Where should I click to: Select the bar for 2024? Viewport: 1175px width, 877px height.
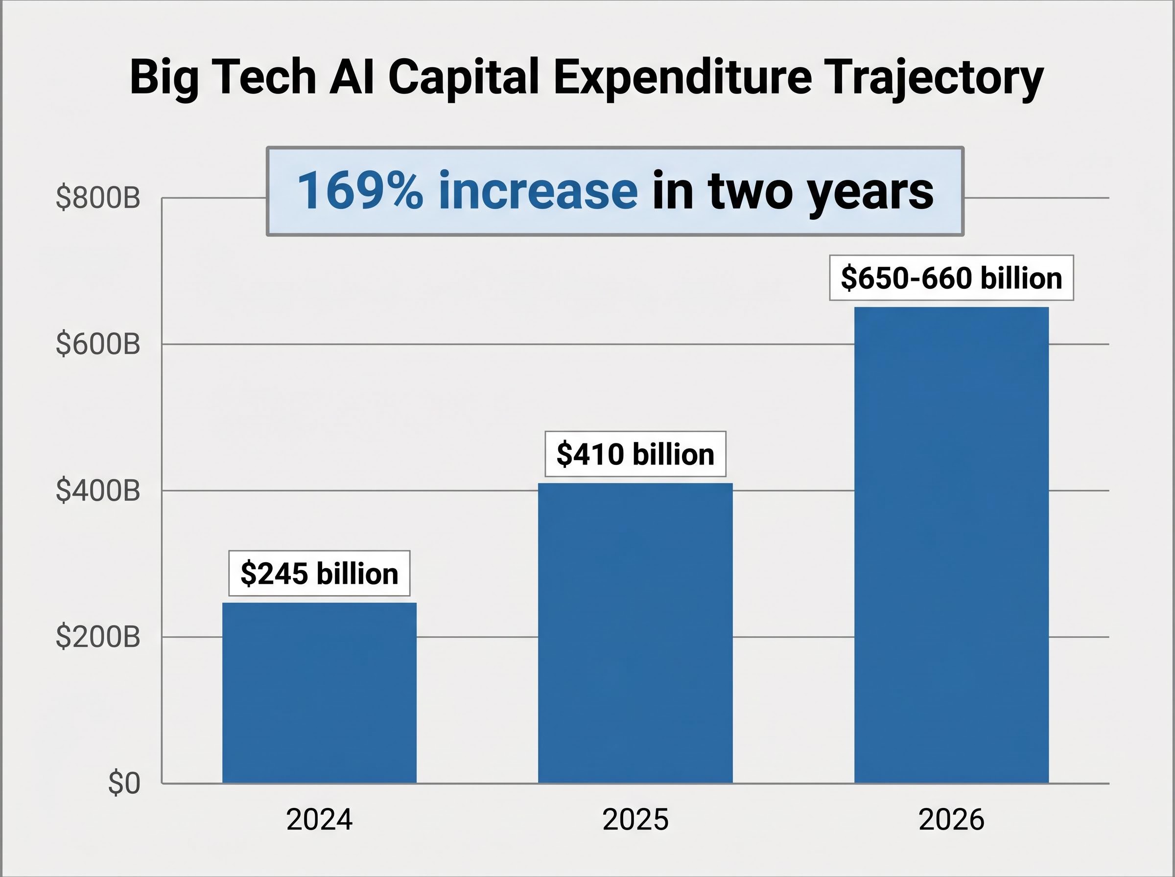pyautogui.click(x=319, y=692)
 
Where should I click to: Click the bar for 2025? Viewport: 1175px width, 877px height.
pyautogui.click(x=635, y=633)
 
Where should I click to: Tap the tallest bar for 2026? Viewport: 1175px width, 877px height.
pyautogui.click(x=951, y=545)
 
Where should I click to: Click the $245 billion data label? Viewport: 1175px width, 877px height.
pyautogui.click(x=319, y=574)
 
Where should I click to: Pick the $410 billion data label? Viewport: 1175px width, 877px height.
pyautogui.click(x=635, y=454)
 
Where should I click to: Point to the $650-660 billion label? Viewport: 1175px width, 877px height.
pyautogui.click(x=951, y=277)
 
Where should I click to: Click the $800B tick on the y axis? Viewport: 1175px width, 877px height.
pyautogui.click(x=98, y=198)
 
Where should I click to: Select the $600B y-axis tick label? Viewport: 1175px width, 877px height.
pyautogui.click(x=98, y=344)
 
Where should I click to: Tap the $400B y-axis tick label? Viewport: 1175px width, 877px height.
pyautogui.click(x=98, y=490)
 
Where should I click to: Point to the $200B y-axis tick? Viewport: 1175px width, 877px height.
pyautogui.click(x=98, y=637)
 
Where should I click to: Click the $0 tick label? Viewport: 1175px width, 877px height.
pyautogui.click(x=124, y=783)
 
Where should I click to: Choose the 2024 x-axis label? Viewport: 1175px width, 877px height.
pyautogui.click(x=319, y=820)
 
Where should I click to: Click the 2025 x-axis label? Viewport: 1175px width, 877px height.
pyautogui.click(x=635, y=820)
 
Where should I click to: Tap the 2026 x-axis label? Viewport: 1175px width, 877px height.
pyautogui.click(x=951, y=820)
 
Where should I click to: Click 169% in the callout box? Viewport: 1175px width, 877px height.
pyautogui.click(x=360, y=190)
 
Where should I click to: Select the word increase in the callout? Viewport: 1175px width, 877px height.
pyautogui.click(x=538, y=190)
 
